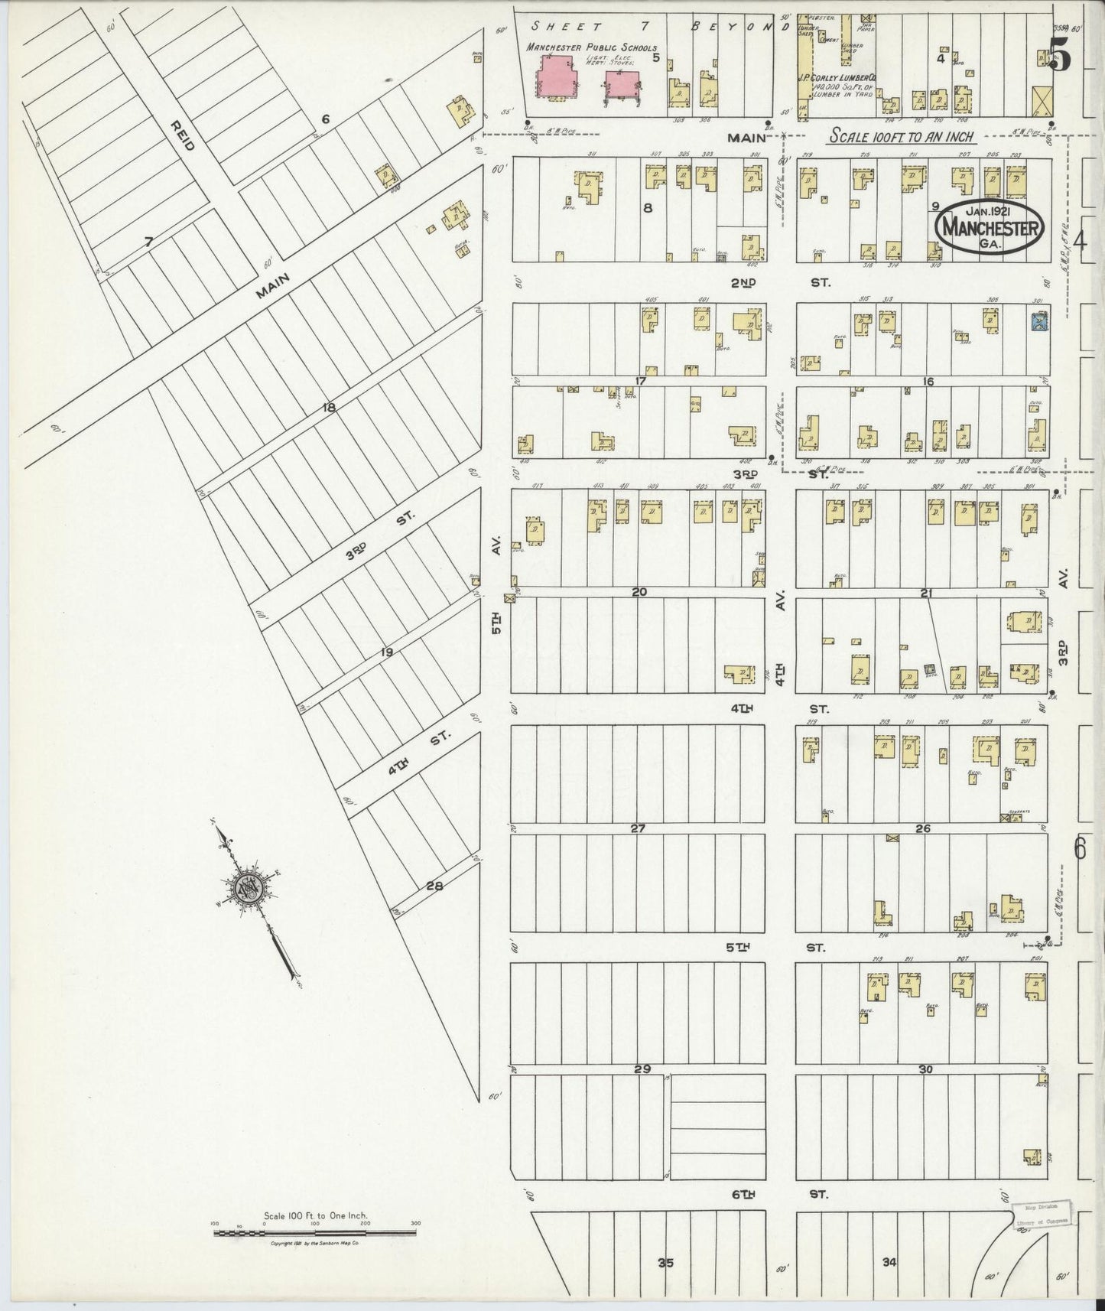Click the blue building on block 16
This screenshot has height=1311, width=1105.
click(x=1038, y=322)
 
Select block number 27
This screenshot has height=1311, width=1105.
click(x=639, y=828)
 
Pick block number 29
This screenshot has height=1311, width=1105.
click(x=642, y=1069)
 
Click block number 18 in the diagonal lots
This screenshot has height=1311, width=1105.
click(x=329, y=408)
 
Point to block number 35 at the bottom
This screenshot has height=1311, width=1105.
click(x=665, y=1263)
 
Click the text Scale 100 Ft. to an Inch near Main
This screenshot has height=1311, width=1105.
click(x=902, y=136)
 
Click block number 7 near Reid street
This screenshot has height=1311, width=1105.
click(x=149, y=242)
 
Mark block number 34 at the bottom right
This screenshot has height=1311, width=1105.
click(x=889, y=1262)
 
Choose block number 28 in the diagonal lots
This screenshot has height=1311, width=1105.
click(x=435, y=886)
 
